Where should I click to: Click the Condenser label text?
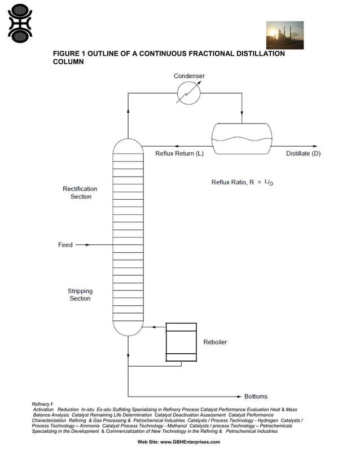pyautogui.click(x=189, y=76)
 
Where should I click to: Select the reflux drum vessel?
pyautogui.click(x=242, y=139)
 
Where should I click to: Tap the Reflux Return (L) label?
pyautogui.click(x=179, y=154)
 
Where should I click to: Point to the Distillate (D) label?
pyautogui.click(x=303, y=154)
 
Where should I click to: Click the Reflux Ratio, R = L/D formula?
pyautogui.click(x=245, y=182)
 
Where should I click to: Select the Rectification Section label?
pyautogui.click(x=80, y=193)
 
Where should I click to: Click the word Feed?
pyautogui.click(x=65, y=245)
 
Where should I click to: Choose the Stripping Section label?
pyautogui.click(x=80, y=294)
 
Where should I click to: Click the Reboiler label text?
pyautogui.click(x=215, y=342)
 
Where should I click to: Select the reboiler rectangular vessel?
pyautogui.click(x=181, y=342)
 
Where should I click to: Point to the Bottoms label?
pyautogui.click(x=256, y=397)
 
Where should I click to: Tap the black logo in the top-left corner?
pyautogui.click(x=20, y=24)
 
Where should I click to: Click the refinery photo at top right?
pyautogui.click(x=284, y=35)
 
